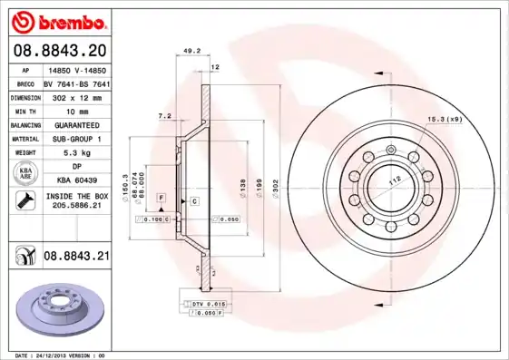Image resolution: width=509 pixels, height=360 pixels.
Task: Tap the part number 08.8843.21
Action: (76, 257)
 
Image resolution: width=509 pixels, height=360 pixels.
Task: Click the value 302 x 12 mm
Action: (76, 95)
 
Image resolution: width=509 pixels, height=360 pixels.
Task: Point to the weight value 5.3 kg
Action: (76, 153)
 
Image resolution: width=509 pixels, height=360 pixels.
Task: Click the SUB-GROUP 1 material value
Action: (76, 139)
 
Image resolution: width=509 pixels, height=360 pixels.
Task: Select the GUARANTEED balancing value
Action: (76, 124)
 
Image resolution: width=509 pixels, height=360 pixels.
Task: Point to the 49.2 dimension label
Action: (191, 52)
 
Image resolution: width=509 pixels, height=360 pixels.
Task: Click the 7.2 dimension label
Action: (164, 116)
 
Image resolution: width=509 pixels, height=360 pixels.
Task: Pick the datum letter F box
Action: (161, 197)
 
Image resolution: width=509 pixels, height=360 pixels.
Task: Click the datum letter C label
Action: (193, 199)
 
